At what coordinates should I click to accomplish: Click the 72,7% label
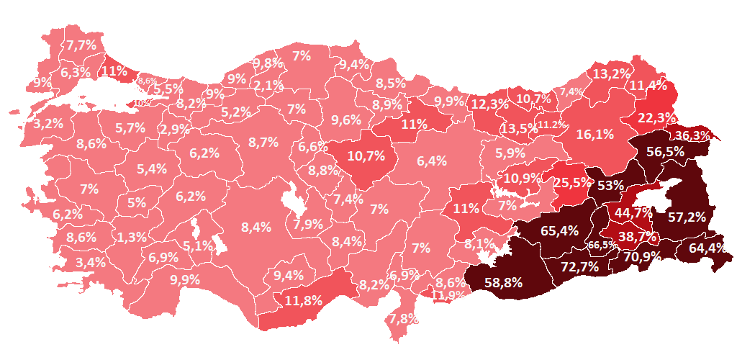point(579,267)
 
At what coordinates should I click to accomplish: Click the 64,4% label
point(707,248)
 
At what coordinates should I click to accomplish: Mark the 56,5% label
point(665,152)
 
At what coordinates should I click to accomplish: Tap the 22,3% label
point(656,117)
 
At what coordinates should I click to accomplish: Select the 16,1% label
point(594,133)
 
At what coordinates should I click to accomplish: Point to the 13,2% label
point(611,73)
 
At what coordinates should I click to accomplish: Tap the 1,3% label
point(132,237)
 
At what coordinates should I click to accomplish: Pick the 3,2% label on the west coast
point(48,123)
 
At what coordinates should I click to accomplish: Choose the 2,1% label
point(268,86)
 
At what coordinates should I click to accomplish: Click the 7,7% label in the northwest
point(81,45)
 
